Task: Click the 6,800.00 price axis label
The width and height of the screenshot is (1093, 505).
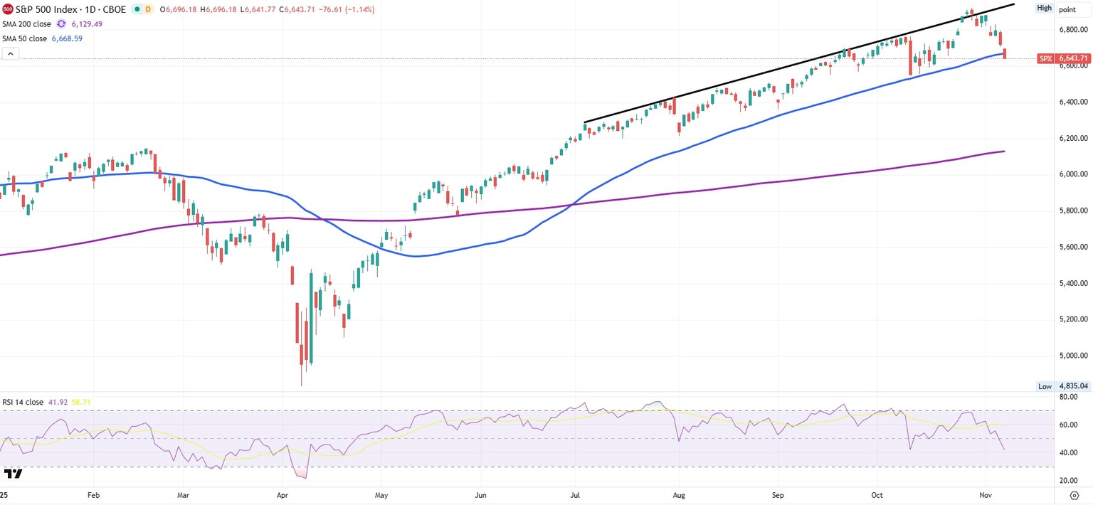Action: (1073, 30)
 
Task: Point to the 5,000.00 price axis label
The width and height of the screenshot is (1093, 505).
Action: (1073, 356)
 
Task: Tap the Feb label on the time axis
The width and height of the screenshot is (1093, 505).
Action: (93, 494)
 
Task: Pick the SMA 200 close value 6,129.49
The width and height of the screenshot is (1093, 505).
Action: (87, 24)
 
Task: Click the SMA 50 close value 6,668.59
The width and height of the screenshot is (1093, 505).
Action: (67, 38)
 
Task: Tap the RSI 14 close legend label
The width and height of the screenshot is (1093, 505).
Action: (23, 402)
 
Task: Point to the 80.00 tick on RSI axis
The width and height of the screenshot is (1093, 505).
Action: (1069, 397)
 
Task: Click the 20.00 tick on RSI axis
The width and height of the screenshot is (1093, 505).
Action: (1069, 481)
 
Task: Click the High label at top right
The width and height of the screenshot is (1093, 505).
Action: (1044, 9)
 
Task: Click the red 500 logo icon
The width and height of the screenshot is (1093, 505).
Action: (8, 9)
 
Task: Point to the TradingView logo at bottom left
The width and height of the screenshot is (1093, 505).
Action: (13, 474)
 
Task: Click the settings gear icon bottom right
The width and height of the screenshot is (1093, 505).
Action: (1074, 494)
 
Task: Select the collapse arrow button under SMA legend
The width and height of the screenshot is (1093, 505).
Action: (10, 53)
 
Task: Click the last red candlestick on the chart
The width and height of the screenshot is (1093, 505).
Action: (1004, 54)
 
